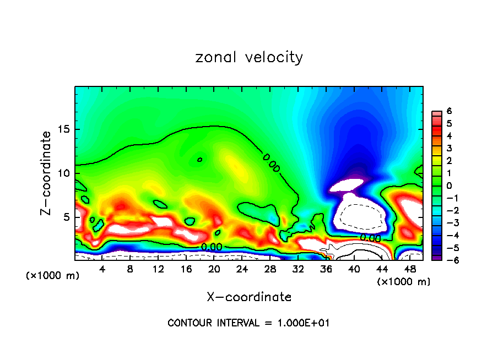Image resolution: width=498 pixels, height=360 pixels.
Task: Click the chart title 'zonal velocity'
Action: tap(249, 57)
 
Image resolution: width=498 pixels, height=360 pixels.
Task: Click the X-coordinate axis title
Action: tap(249, 297)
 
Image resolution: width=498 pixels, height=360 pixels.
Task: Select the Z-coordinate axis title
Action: tap(46, 173)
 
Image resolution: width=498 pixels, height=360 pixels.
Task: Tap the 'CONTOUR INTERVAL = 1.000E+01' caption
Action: tap(248, 323)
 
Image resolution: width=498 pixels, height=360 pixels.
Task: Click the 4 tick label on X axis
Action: tap(102, 269)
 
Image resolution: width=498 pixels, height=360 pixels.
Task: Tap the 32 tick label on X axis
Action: tap(298, 269)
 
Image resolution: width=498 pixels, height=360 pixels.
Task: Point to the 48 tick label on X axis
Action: tap(410, 269)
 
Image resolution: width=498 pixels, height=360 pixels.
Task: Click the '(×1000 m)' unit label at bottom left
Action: tap(53, 276)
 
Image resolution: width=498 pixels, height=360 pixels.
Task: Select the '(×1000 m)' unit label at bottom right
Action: tap(404, 282)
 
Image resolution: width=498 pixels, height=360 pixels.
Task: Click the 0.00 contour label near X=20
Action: tap(212, 247)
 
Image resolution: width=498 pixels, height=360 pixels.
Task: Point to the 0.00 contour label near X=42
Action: tap(370, 238)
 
